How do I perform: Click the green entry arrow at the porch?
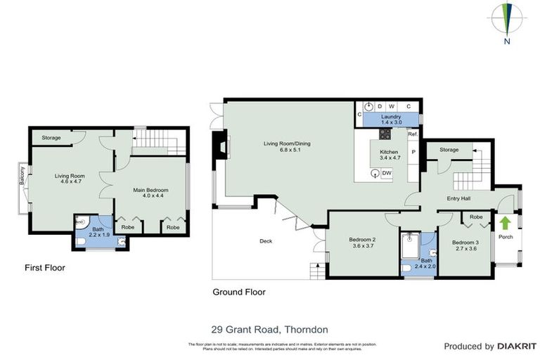[x=505, y=224]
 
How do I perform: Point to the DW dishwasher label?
[x=387, y=174]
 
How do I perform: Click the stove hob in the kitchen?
[x=385, y=134]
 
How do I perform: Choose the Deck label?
[x=265, y=241]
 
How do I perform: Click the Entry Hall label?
[x=459, y=199]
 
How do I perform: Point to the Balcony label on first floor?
[x=22, y=175]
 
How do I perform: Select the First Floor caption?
[x=46, y=268]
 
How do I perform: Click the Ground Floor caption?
[x=239, y=292]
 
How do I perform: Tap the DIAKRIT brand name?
[x=517, y=346]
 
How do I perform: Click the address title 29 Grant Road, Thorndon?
[x=270, y=329]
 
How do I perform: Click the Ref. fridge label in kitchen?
[x=413, y=134]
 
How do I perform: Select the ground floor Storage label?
[x=449, y=150]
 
